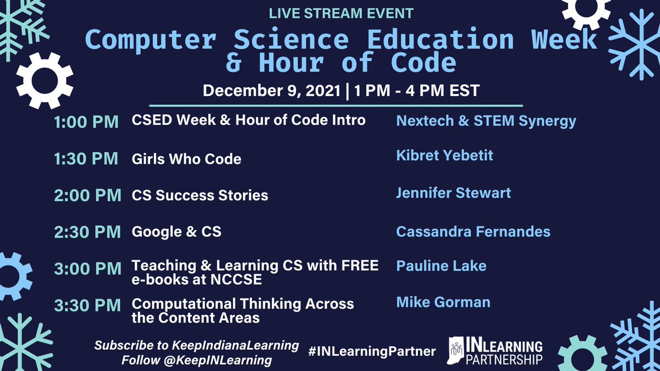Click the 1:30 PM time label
pos(86,159)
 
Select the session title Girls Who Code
pos(186,159)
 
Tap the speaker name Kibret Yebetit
pos(444,156)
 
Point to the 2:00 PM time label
pos(87,195)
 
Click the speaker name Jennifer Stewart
pos(453,193)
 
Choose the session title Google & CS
pos(177,231)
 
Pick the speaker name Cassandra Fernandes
pos(473,231)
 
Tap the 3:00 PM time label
pos(87,269)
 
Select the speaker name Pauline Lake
pos(441,266)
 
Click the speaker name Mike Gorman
pos(443,302)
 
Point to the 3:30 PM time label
pos(87,306)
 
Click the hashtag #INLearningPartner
pos(372,351)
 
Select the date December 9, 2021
pos(272,91)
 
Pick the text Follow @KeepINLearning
pos(197,361)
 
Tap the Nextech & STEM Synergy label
pos(486,120)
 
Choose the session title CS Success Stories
pos(200,195)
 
